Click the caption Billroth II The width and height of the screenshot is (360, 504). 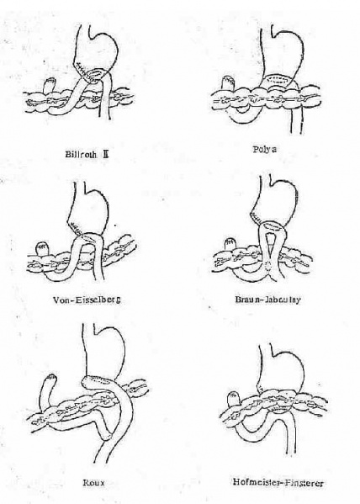pyautogui.click(x=87, y=154)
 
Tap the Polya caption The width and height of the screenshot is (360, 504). pyautogui.click(x=265, y=150)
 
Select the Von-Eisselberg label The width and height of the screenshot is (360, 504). pyautogui.click(x=87, y=300)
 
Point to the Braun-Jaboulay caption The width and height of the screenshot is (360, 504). pyautogui.click(x=267, y=300)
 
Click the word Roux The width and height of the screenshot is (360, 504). pyautogui.click(x=94, y=483)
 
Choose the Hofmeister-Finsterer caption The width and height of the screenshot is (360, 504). pyautogui.click(x=278, y=482)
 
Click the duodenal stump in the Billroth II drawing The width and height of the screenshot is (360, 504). pyautogui.click(x=50, y=86)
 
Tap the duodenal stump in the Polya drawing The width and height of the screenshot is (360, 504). pyautogui.click(x=229, y=83)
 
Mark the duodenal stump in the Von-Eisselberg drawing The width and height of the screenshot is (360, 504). pyautogui.click(x=41, y=249)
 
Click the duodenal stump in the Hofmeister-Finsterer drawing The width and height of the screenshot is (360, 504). pyautogui.click(x=233, y=399)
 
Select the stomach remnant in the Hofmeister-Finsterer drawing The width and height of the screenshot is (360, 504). pyautogui.click(x=281, y=369)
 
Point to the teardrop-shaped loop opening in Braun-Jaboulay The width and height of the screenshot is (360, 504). pyautogui.click(x=270, y=246)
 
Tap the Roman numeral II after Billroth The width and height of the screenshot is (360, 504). pyautogui.click(x=105, y=154)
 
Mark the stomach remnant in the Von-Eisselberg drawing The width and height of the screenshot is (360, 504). pyautogui.click(x=88, y=209)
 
